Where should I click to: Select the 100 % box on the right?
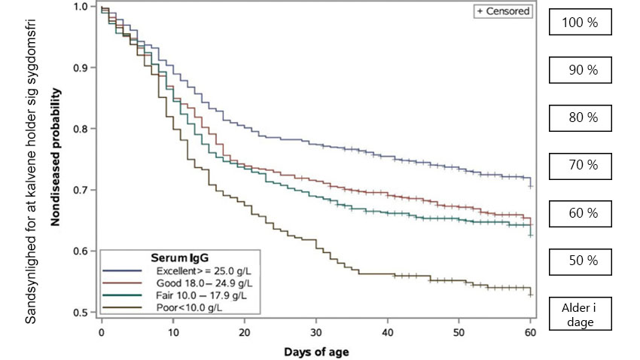click(x=580, y=23)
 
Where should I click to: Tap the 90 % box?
click(x=580, y=70)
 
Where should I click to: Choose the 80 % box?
click(x=580, y=117)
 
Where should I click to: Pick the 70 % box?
click(x=580, y=165)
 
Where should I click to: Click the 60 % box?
click(x=580, y=213)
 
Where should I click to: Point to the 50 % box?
click(x=580, y=261)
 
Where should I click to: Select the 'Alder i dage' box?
click(x=580, y=313)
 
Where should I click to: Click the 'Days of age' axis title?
click(x=315, y=351)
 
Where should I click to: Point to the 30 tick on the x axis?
click(x=315, y=331)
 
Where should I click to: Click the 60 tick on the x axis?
click(x=530, y=331)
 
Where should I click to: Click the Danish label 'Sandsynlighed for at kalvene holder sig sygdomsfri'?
click(x=31, y=162)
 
